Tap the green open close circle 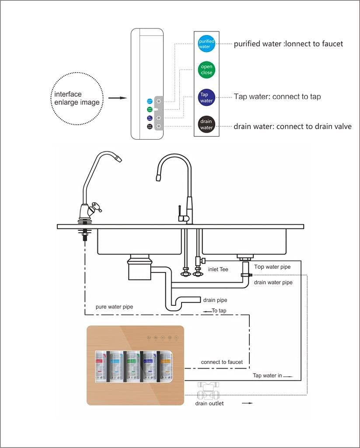click(206, 70)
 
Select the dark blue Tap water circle click(206, 97)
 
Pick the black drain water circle click(206, 124)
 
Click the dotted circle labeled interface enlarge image click(77, 98)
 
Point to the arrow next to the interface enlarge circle click(117, 98)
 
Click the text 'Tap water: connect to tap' click(277, 97)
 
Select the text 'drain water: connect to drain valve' click(292, 126)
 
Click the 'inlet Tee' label click(218, 269)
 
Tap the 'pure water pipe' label click(114, 307)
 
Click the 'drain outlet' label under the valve click(209, 403)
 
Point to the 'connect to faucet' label click(222, 362)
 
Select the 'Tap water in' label click(267, 375)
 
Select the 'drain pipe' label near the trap click(215, 300)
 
